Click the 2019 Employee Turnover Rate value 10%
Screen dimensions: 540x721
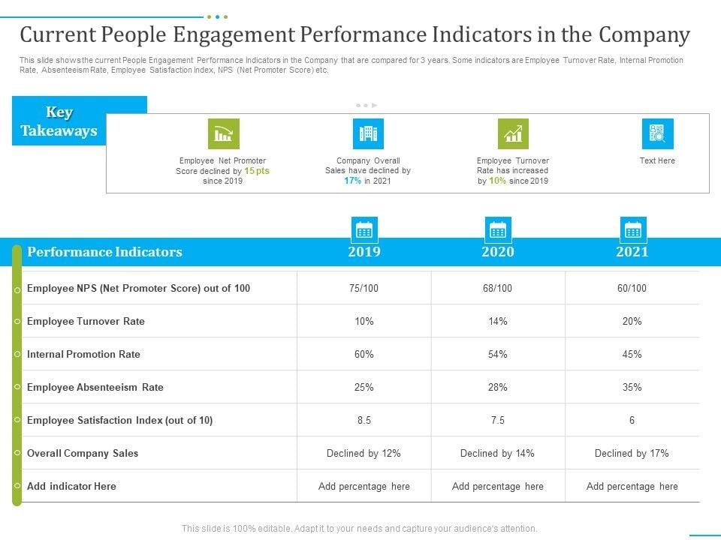(364, 321)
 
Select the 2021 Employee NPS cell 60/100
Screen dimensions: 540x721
(632, 288)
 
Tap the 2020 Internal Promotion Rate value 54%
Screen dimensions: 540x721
(498, 354)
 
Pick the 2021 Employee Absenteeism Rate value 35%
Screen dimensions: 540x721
(632, 387)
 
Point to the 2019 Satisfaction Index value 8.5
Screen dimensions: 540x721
(364, 420)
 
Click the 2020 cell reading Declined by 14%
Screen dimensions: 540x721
(498, 453)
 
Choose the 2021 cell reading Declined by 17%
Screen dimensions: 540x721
(632, 453)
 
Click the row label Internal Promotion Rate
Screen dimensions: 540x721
(83, 354)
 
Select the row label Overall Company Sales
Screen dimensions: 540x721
(83, 453)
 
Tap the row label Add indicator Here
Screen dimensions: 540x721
(71, 486)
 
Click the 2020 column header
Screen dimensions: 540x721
(498, 252)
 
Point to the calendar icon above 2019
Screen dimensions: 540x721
(364, 229)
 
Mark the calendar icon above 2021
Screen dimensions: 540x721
(632, 229)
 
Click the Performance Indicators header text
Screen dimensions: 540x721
(104, 252)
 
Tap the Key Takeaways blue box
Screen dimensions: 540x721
(59, 121)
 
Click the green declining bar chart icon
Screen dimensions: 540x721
(223, 134)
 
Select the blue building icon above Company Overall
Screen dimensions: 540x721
(368, 134)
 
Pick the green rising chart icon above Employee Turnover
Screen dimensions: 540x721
(513, 134)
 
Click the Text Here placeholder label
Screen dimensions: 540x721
(657, 160)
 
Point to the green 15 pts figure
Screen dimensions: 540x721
(257, 171)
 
